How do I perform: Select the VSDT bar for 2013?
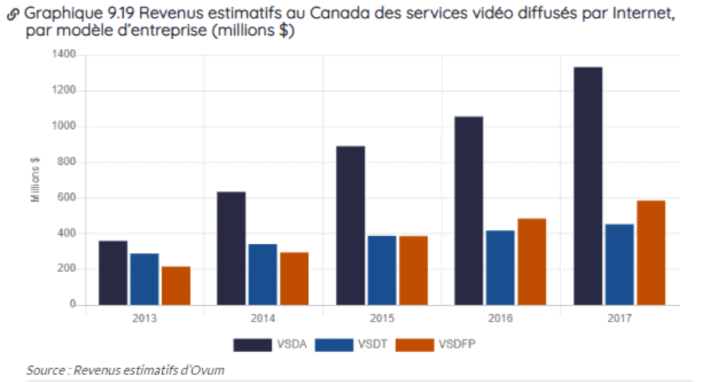[144, 279]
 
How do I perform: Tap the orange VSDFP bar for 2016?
[531, 261]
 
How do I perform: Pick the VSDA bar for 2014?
[231, 248]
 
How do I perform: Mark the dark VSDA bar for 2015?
[350, 225]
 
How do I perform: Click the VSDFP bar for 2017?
[650, 252]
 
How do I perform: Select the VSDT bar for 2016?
[500, 267]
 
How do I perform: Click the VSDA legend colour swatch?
[252, 344]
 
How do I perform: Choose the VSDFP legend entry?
[440, 344]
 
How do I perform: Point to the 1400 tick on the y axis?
[65, 55]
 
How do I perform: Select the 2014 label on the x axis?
[262, 317]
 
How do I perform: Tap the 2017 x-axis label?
[619, 317]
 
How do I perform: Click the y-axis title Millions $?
[35, 180]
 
